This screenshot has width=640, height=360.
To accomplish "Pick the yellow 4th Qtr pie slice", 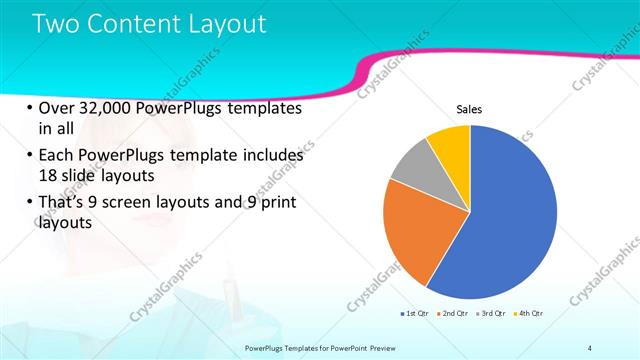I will [x=451, y=144].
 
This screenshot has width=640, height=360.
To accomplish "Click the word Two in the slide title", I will [x=57, y=24].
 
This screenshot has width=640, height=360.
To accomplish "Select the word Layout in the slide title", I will [x=225, y=24].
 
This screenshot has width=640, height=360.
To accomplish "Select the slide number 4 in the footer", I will [x=589, y=347].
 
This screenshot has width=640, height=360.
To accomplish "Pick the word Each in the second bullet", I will [x=57, y=156].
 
